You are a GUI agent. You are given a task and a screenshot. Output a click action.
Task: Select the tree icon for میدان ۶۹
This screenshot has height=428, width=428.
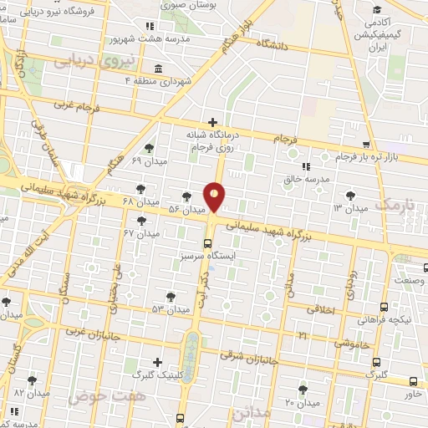click(148, 148)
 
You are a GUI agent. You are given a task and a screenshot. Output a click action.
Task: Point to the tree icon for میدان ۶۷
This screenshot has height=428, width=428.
click(141, 220)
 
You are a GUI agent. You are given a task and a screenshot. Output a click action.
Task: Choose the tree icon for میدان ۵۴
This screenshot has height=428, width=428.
click(171, 296)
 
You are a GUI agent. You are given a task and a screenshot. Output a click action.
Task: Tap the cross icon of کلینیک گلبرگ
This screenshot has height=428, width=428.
click(146, 361)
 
